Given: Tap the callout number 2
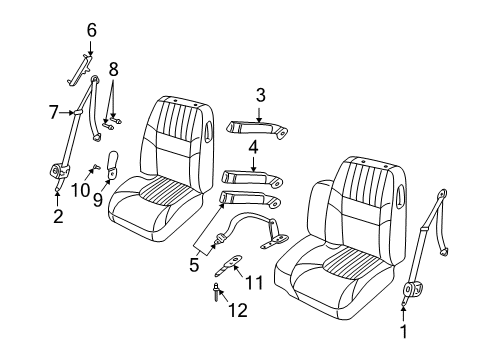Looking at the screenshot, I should click(x=58, y=215).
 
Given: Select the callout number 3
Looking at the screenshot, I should click(x=260, y=96).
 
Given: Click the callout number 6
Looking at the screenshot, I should click(x=91, y=31).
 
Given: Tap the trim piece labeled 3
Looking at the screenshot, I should click(x=258, y=126).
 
